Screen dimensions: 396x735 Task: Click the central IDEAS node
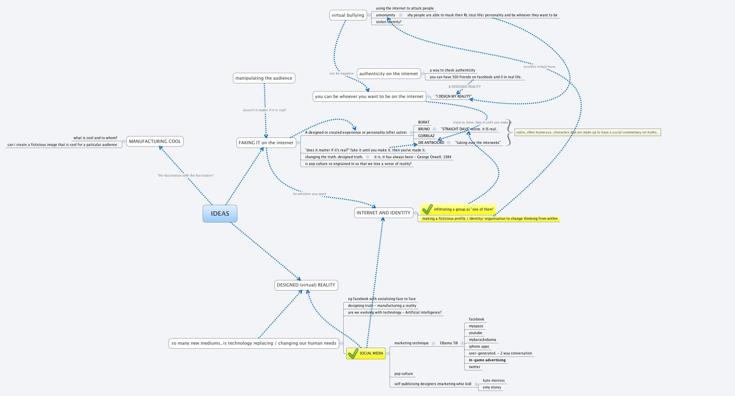(220, 214)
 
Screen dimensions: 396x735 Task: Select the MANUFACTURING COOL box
(155, 141)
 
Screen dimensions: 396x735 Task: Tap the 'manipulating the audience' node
(264, 78)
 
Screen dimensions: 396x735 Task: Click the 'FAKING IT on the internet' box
(266, 143)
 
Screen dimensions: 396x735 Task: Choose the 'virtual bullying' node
(348, 15)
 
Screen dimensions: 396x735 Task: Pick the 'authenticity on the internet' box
(388, 73)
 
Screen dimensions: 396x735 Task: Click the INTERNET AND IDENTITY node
(383, 213)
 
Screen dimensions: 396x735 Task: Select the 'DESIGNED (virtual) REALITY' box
(306, 285)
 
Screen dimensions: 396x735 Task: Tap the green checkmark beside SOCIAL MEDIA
(353, 353)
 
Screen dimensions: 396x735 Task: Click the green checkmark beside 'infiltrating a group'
(427, 209)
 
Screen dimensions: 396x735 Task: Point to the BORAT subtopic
(424, 122)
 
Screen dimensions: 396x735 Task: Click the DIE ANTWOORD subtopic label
(431, 143)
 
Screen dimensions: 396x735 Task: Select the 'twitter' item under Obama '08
(474, 367)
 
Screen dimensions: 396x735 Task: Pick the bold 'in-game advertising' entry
(487, 360)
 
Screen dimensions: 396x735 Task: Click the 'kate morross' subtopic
(494, 380)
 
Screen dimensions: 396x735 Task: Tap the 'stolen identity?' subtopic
(388, 22)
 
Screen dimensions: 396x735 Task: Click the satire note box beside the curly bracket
(587, 132)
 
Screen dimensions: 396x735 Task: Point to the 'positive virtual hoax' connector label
(539, 67)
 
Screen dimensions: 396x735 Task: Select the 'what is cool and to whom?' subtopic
(95, 138)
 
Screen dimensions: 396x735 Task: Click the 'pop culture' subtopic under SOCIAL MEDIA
(403, 374)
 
